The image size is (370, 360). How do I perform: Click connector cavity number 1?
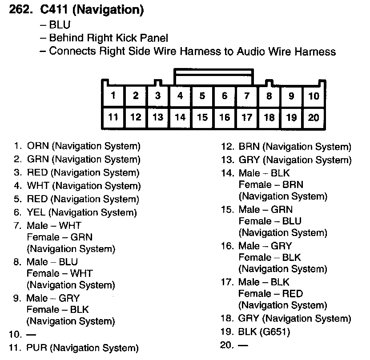click(113, 95)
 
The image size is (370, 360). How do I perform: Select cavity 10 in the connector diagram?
click(314, 95)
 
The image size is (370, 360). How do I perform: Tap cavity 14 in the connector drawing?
click(180, 117)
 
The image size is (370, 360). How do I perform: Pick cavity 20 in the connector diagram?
click(314, 117)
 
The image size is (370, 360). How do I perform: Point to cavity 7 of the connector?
click(247, 95)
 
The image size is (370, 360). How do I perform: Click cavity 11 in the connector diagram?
click(113, 117)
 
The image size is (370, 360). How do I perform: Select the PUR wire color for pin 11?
click(36, 348)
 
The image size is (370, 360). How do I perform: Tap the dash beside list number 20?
click(243, 344)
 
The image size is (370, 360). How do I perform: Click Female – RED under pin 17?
click(270, 293)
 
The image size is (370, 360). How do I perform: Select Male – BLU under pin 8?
click(52, 262)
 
